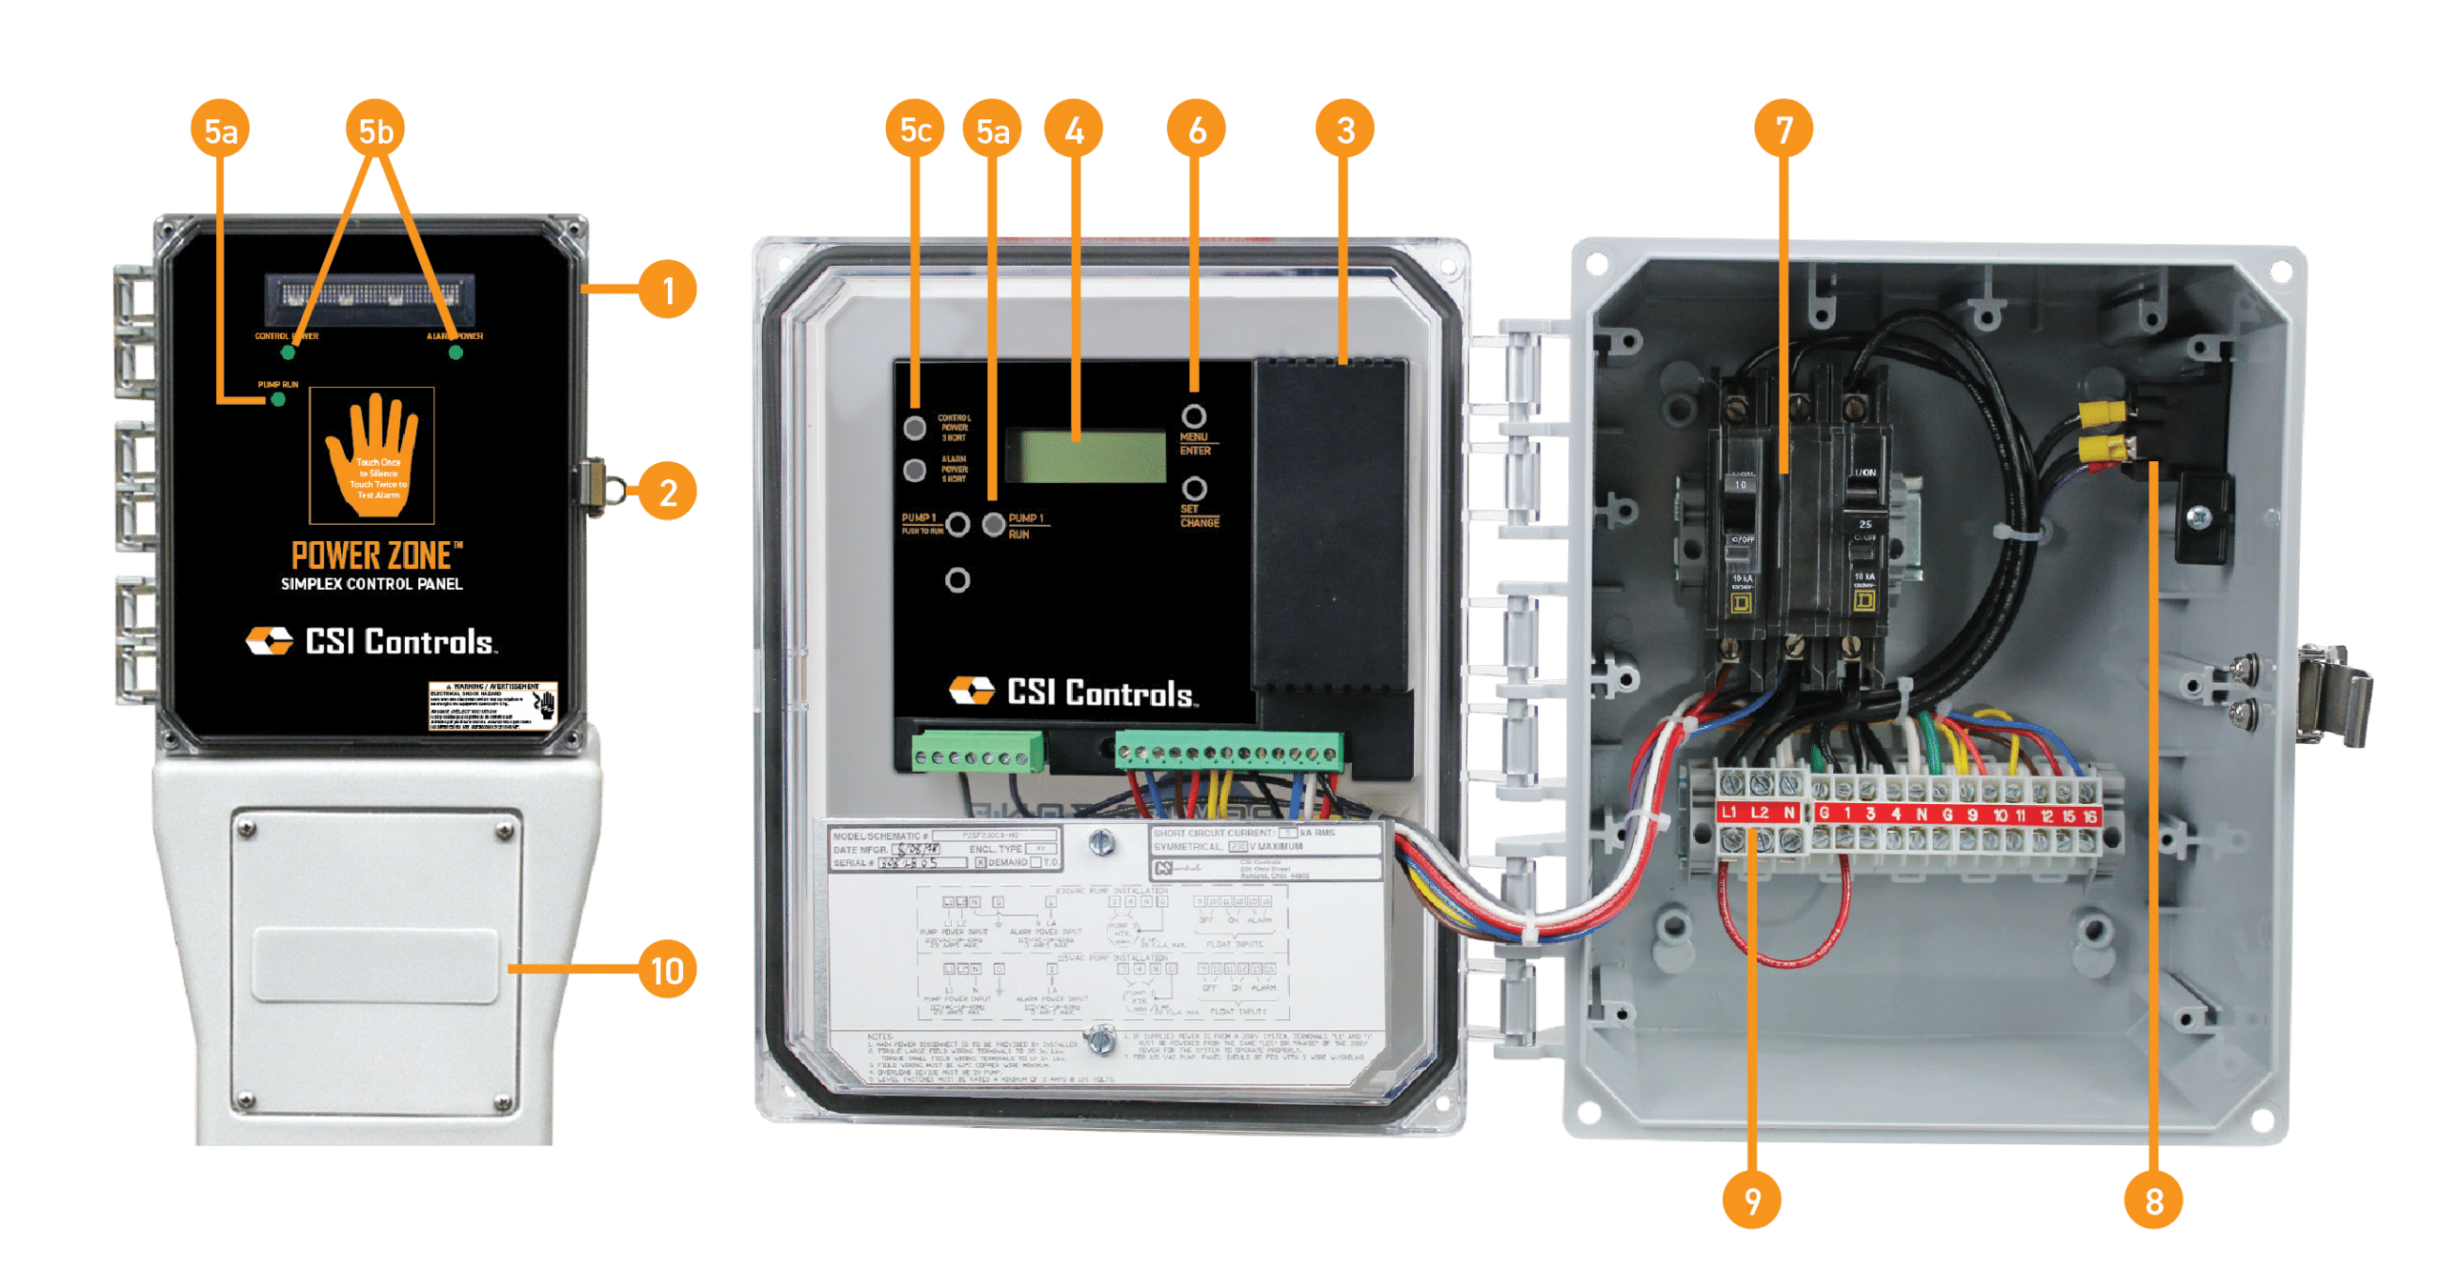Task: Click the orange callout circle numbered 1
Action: click(667, 290)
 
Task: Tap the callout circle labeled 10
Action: click(667, 970)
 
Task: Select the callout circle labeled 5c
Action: click(915, 130)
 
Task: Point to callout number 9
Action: click(1751, 1200)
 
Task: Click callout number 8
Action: click(2153, 1200)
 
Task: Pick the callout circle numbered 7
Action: click(1784, 130)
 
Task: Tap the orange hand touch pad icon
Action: click(373, 455)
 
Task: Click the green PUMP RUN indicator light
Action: click(278, 399)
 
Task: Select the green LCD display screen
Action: click(1085, 455)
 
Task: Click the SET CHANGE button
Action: click(1195, 489)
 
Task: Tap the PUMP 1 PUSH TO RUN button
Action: click(957, 524)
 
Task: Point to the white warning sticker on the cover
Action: click(492, 706)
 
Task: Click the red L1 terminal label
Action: click(1729, 813)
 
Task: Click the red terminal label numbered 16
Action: click(2089, 815)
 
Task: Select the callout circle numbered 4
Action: click(1074, 130)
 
